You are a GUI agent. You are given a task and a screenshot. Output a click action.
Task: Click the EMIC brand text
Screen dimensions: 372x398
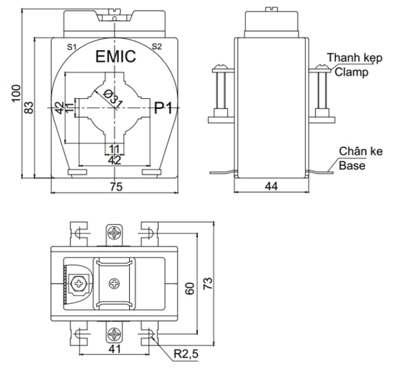coord(116,57)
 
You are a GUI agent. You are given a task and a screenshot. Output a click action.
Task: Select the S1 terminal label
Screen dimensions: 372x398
coord(71,46)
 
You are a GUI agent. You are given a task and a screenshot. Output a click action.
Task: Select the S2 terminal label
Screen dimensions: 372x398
coord(157,46)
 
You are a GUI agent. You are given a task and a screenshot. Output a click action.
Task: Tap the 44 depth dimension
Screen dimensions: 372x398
coord(271,187)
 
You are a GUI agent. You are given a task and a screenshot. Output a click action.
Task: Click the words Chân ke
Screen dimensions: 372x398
coord(357,152)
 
